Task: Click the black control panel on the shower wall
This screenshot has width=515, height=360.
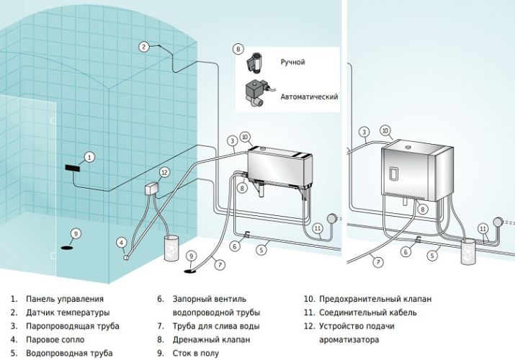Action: [x=73, y=167]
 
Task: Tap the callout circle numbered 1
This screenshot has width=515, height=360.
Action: [x=89, y=156]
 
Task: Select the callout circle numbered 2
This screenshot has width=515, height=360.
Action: [x=144, y=47]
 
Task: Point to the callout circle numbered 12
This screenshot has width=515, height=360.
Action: [x=164, y=172]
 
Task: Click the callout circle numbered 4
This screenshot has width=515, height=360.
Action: [x=122, y=242]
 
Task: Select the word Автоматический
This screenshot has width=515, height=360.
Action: [x=303, y=96]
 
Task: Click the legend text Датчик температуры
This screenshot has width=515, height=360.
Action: [x=68, y=312]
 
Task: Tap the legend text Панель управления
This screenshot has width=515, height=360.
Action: [x=65, y=299]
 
